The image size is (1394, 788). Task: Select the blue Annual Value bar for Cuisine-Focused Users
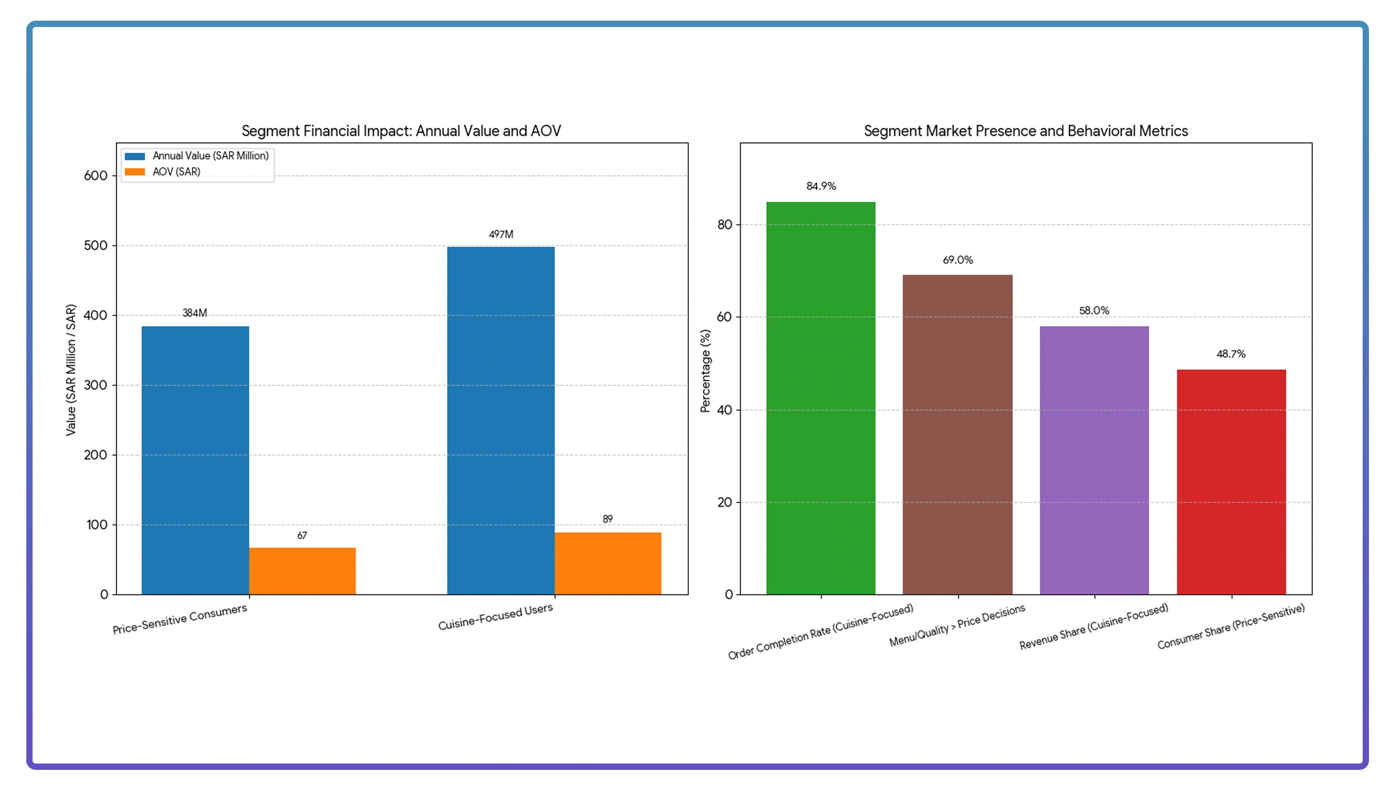click(x=501, y=420)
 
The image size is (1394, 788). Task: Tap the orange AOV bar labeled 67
click(x=302, y=570)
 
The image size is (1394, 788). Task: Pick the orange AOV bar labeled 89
click(x=607, y=563)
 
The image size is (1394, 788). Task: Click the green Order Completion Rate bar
click(x=821, y=397)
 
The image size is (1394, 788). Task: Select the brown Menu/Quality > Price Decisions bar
click(x=957, y=434)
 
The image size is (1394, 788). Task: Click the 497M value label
click(x=501, y=234)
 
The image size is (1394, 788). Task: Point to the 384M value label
click(x=195, y=313)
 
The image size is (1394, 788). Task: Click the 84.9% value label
click(x=821, y=186)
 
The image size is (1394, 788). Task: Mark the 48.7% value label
click(x=1230, y=354)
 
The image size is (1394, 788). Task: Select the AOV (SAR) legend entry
click(x=176, y=172)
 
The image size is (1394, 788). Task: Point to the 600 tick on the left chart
click(x=95, y=176)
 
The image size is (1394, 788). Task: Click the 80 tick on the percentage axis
click(x=724, y=224)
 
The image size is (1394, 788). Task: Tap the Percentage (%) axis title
click(x=705, y=370)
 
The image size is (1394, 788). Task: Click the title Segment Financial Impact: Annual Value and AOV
click(x=401, y=131)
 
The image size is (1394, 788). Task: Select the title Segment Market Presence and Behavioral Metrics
click(x=1026, y=131)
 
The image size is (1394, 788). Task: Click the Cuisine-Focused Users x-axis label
click(x=495, y=617)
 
